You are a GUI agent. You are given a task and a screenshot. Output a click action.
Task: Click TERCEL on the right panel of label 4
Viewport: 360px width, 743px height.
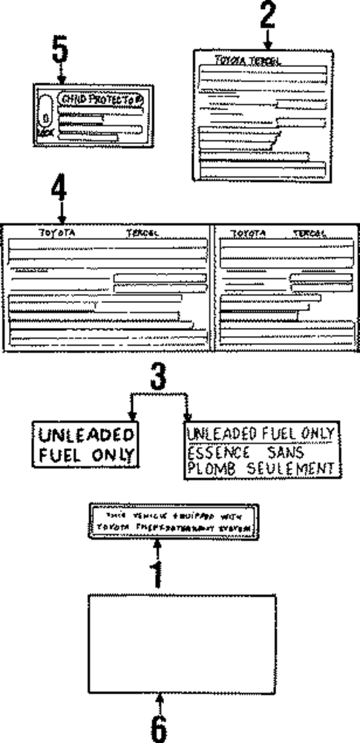310,232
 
